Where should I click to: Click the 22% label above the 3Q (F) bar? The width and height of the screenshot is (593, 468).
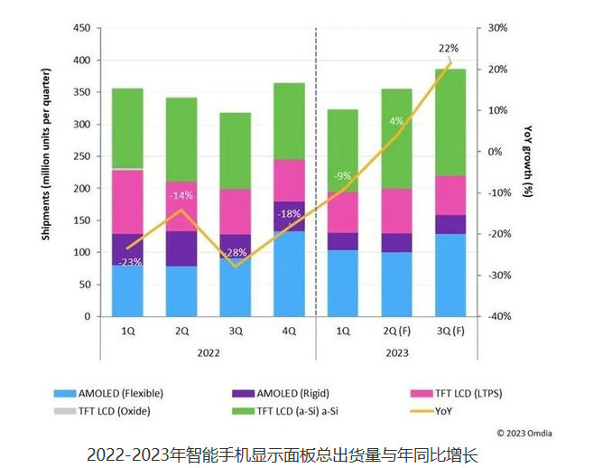pos(448,49)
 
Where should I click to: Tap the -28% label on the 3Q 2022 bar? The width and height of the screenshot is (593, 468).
pos(236,252)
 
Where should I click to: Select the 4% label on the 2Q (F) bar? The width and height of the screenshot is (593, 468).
pos(396,121)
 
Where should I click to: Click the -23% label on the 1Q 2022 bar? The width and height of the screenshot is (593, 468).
pos(129,262)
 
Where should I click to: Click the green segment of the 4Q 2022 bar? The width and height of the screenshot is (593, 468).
pos(289,121)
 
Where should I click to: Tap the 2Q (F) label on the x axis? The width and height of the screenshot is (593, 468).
pos(395,332)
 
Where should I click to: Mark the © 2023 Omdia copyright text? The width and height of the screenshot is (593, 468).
pos(524,433)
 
